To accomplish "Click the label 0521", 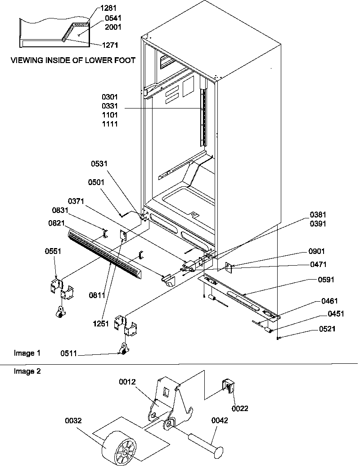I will point(327,329).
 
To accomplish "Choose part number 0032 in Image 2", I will point(73,421).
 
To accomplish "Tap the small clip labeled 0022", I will point(229,386).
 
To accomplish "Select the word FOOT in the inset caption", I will point(125,60).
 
